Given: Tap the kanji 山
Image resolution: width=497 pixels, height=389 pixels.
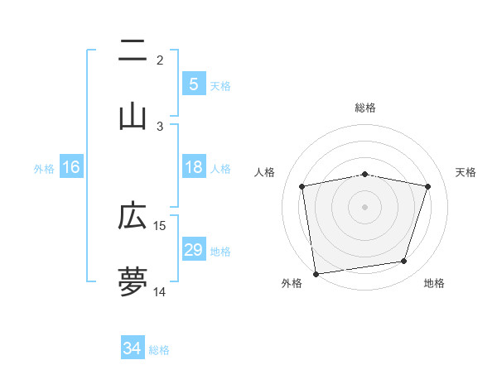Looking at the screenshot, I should point(133,116).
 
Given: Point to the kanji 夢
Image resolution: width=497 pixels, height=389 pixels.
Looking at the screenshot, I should point(133,281).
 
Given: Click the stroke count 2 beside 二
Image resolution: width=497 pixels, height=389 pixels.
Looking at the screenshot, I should point(160,60).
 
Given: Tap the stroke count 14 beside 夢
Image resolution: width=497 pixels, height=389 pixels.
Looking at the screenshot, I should point(160,291).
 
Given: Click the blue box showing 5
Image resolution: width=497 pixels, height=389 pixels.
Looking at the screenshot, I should point(193,84).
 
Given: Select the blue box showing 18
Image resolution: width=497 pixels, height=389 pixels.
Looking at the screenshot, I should point(193,167).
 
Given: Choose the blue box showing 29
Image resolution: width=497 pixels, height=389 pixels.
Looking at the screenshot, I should point(193,250).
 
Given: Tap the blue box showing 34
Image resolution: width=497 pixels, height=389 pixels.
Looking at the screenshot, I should point(133,349).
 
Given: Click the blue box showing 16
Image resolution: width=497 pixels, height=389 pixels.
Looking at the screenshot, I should point(71,167).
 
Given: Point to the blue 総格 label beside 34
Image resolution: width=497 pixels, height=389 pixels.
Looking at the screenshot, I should point(159,350).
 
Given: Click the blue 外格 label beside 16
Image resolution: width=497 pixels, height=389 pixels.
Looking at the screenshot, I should point(44,168).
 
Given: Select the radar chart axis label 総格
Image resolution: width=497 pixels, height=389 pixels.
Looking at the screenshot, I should point(365,108).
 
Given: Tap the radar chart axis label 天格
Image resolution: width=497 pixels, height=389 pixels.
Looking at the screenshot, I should point(466,172).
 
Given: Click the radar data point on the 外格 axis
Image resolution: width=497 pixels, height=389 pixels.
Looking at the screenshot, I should point(316,272).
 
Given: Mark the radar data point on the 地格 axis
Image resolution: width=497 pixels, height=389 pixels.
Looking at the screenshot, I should point(404,262).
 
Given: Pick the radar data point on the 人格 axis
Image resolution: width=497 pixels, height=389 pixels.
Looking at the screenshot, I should point(302,187).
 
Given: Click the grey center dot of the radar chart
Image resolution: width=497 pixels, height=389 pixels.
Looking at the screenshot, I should point(365,206).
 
